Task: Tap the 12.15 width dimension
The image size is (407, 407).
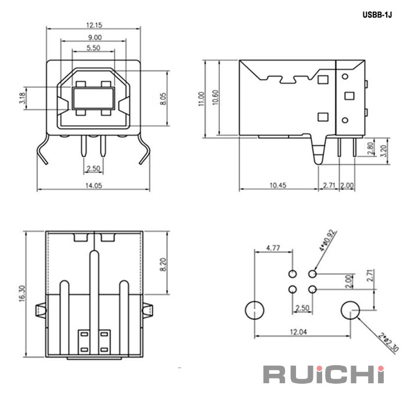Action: (94, 25)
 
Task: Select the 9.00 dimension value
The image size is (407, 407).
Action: (93, 37)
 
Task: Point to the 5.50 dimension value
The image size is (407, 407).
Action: (93, 48)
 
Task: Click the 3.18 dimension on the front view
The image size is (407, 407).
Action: (22, 98)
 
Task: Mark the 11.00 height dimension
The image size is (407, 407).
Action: (201, 98)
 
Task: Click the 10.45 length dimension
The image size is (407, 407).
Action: (278, 185)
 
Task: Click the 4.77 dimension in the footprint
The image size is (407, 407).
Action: (273, 248)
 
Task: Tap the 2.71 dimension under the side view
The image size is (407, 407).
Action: (329, 185)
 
